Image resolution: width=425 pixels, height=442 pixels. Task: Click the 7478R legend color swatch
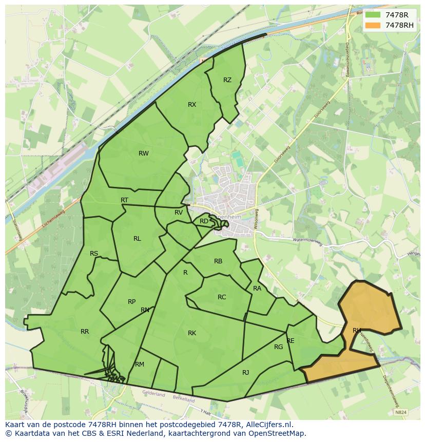[373, 15]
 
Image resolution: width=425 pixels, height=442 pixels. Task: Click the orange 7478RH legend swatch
[373, 25]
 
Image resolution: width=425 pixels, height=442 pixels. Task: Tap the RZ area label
[227, 80]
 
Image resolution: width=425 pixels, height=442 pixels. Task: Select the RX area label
[192, 105]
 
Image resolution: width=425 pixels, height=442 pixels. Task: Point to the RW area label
[144, 153]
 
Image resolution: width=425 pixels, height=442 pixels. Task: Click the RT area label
[124, 200]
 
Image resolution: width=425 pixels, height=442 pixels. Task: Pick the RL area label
[137, 238]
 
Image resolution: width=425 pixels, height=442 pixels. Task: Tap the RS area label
[94, 254]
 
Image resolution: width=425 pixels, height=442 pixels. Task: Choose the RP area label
[132, 302]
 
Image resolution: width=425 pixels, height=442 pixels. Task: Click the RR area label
[85, 332]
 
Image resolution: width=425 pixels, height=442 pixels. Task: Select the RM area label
[140, 364]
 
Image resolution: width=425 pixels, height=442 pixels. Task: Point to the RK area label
[192, 333]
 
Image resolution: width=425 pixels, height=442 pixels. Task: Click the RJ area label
[245, 373]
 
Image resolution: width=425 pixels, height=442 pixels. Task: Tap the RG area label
[278, 347]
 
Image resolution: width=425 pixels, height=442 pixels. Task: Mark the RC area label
[222, 297]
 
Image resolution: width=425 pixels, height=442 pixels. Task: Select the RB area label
[218, 261]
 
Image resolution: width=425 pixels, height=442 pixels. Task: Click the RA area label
[257, 289]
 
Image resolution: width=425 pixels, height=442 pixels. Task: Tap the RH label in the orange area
[357, 330]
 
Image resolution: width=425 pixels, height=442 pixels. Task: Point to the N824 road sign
[401, 412]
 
